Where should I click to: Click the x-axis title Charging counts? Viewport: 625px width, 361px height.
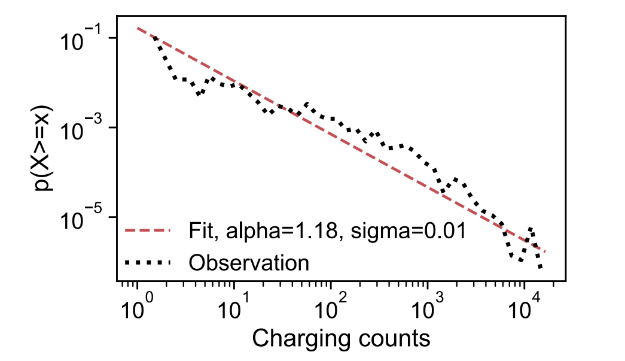point(341,338)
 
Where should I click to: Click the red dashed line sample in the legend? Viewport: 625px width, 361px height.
point(147,230)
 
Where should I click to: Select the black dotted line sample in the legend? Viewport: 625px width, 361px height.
point(147,262)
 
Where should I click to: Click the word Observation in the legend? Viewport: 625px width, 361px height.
point(249,262)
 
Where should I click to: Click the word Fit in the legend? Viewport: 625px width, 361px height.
point(200,230)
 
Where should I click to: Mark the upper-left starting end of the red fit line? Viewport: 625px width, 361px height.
point(138,28)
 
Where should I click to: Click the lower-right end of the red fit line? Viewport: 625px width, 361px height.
point(545,252)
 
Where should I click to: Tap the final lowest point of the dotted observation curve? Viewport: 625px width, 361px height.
point(540,267)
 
